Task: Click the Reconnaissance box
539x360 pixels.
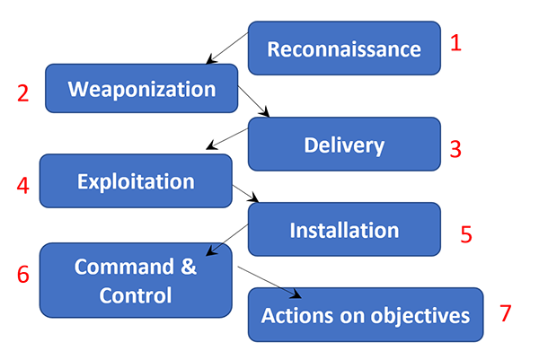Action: click(x=344, y=48)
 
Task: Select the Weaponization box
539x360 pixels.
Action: click(x=142, y=89)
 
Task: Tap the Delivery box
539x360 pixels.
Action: click(x=344, y=144)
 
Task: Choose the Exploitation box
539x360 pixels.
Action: click(x=136, y=181)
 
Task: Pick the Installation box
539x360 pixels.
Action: click(x=344, y=230)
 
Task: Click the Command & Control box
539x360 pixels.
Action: click(x=136, y=281)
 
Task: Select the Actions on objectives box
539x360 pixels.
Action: click(x=365, y=315)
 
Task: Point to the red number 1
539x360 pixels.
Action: click(x=455, y=43)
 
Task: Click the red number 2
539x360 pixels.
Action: click(x=22, y=93)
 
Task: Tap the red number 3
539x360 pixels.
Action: click(x=455, y=149)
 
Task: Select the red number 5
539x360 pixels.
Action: click(x=466, y=234)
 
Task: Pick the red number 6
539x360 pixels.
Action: click(x=22, y=274)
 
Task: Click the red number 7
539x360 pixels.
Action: click(x=505, y=313)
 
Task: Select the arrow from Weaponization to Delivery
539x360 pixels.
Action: click(x=254, y=101)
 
